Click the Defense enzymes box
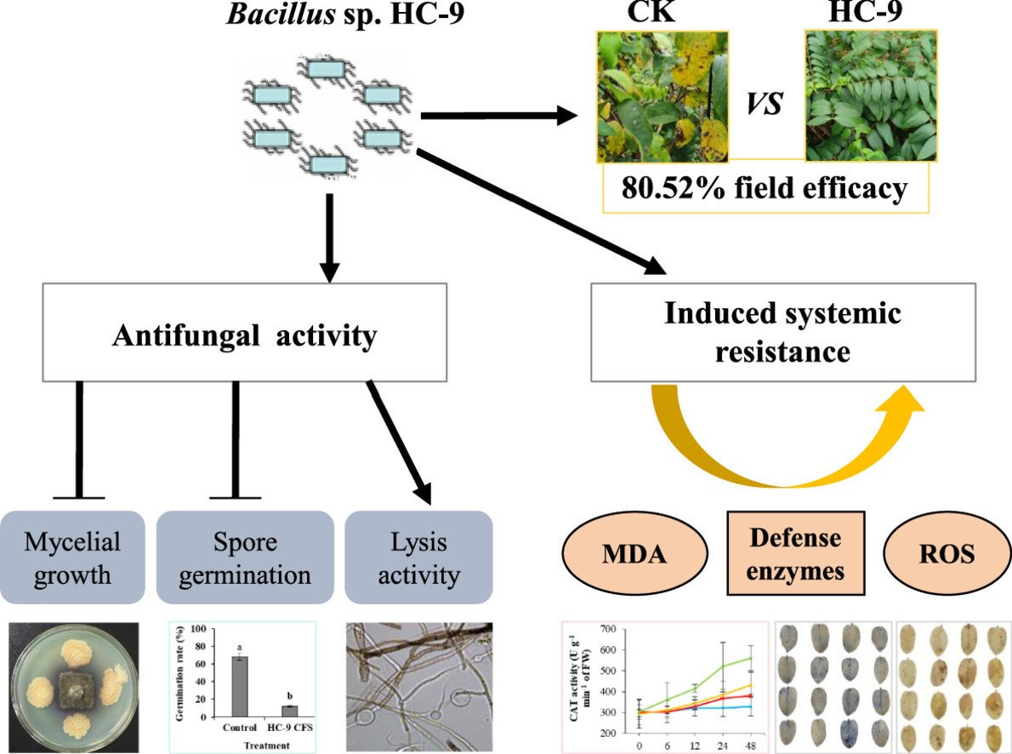[x=794, y=554]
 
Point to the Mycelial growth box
[x=73, y=557]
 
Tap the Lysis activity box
[x=419, y=557]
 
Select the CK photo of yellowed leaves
[x=662, y=96]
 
